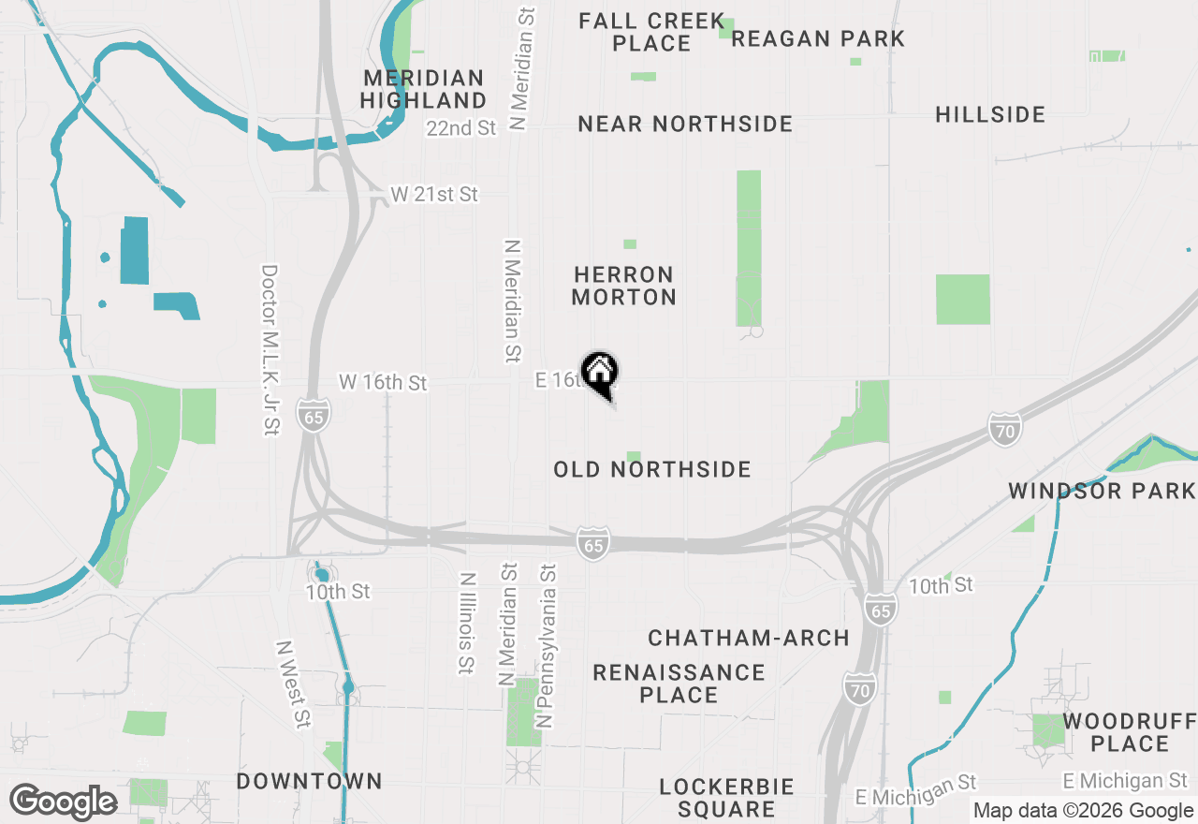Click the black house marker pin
click(599, 373)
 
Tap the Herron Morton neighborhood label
click(624, 286)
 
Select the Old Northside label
click(652, 469)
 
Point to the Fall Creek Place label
click(651, 32)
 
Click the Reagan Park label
click(818, 38)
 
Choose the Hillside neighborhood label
click(990, 114)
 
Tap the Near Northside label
click(685, 124)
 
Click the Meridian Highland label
click(424, 89)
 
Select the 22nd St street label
click(460, 128)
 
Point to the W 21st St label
click(434, 195)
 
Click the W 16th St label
click(383, 382)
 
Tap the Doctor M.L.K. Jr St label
click(270, 349)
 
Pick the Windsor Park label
click(1102, 491)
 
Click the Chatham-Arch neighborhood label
click(749, 639)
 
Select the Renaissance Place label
click(679, 684)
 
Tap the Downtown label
click(309, 781)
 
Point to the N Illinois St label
click(466, 624)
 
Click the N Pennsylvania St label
click(546, 646)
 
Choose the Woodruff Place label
click(1130, 732)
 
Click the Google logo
click(63, 802)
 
